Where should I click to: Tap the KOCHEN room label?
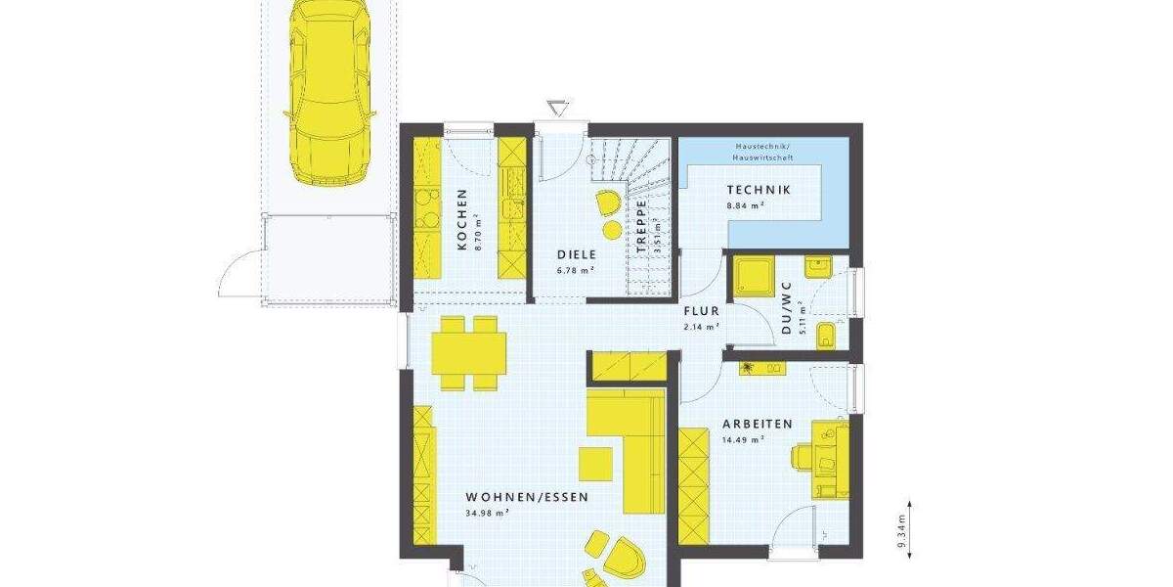[461, 220]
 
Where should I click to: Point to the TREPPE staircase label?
[642, 227]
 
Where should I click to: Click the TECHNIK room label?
[759, 190]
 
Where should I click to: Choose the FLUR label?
[701, 311]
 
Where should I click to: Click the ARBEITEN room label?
[757, 424]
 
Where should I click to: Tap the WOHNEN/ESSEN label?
[527, 496]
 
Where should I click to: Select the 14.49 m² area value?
[742, 439]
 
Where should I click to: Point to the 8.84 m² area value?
[745, 205]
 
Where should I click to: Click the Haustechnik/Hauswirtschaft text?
[763, 152]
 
